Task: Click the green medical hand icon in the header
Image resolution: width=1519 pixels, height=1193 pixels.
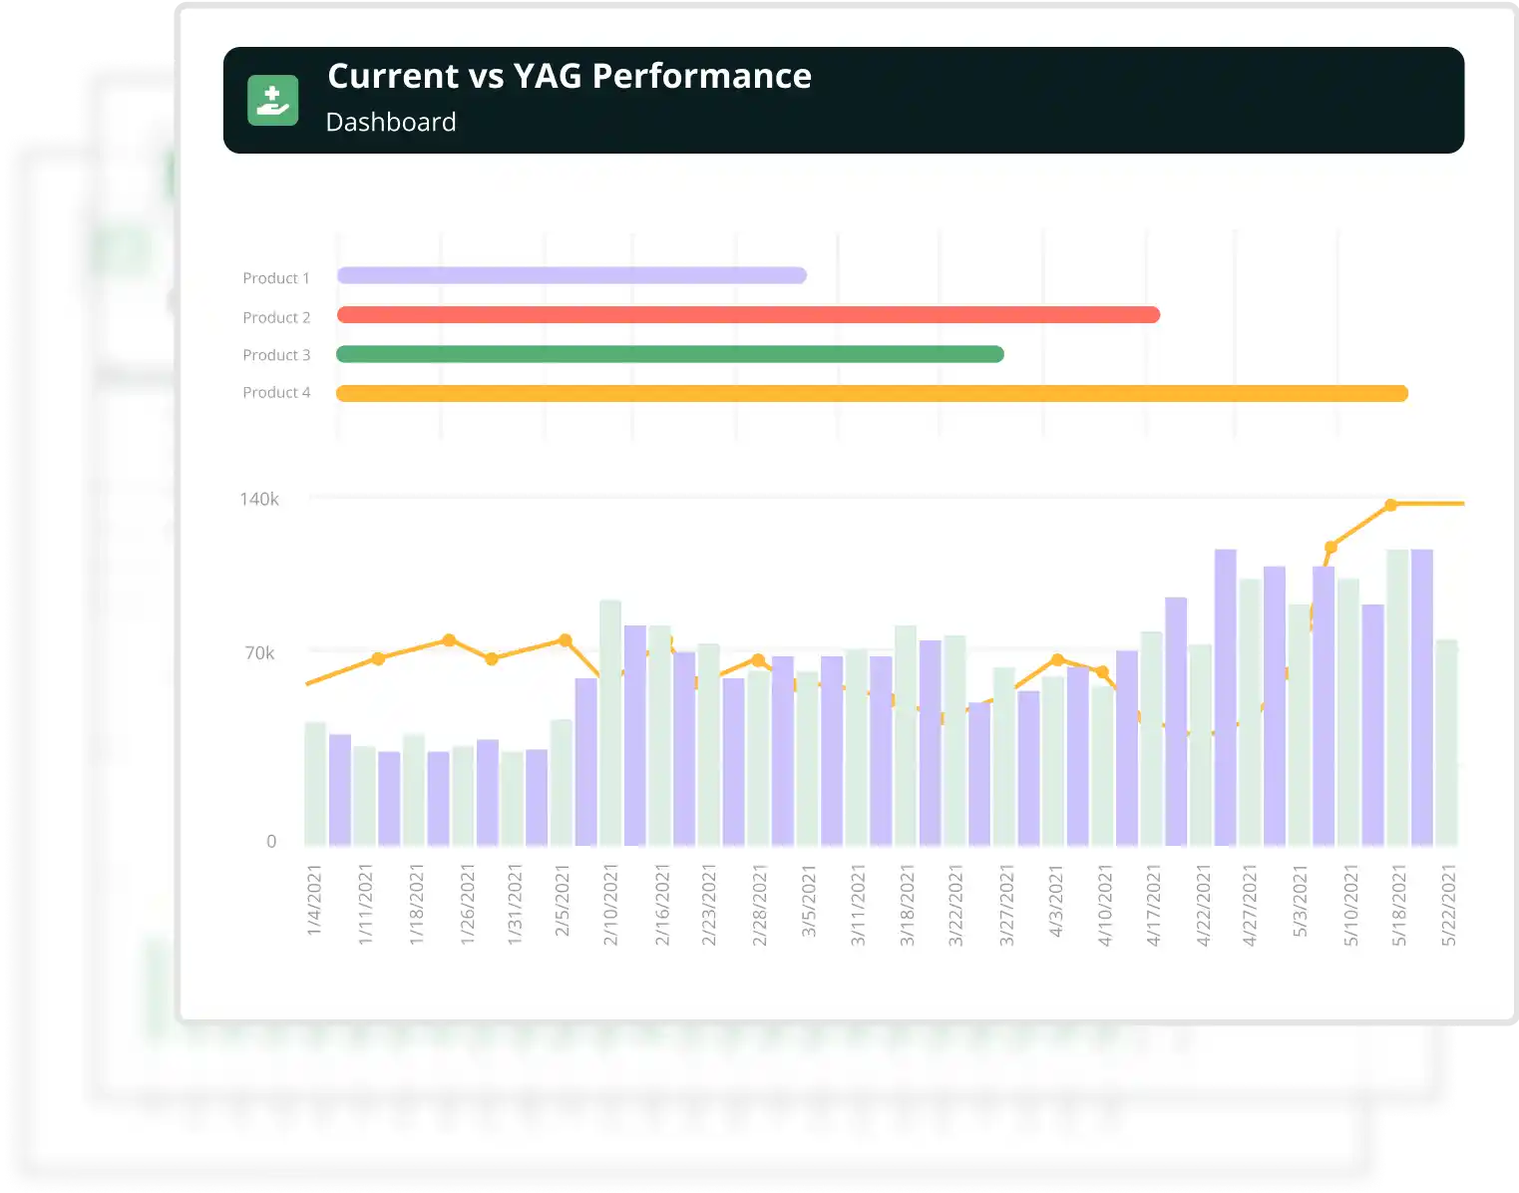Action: coord(272,101)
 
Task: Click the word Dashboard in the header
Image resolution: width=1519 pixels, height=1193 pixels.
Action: coord(391,122)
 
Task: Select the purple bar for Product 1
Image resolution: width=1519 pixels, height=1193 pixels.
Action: coord(571,275)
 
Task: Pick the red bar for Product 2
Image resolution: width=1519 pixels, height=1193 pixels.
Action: coord(748,315)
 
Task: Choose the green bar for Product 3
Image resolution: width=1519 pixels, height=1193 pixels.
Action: coord(670,354)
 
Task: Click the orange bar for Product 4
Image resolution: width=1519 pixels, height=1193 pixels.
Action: coord(872,394)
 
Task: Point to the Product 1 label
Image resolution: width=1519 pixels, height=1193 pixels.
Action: coord(276,278)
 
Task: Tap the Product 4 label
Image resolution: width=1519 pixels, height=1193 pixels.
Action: coord(276,393)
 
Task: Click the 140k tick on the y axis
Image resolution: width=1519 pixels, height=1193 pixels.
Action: coord(259,499)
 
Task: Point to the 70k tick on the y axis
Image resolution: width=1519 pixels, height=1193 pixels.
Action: coord(259,653)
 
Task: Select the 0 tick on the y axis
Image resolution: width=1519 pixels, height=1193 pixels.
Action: coord(271,842)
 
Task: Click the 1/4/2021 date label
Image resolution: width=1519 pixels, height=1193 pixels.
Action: coord(315,900)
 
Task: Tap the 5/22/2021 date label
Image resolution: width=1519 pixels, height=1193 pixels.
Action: coord(1449,906)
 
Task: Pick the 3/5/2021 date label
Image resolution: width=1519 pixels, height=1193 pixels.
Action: coord(809,901)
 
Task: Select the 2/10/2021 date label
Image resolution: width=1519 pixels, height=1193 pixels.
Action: coord(611,906)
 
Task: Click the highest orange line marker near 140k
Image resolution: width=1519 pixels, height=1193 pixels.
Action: coord(1391,505)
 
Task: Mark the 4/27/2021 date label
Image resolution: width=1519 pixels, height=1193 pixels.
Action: coord(1250,906)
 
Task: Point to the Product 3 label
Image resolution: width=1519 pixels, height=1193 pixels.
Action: coord(276,355)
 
